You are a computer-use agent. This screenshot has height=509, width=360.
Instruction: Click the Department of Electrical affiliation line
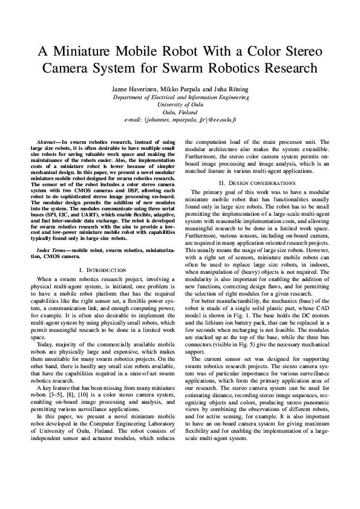[x=180, y=97]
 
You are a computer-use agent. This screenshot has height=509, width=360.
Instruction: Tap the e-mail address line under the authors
[x=180, y=120]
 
